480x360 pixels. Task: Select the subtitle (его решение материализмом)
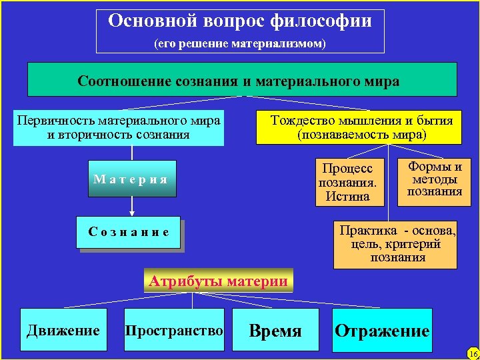coord(240,44)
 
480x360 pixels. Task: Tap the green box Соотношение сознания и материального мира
coord(241,81)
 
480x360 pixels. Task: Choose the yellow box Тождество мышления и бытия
coord(359,127)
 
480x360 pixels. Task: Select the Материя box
coord(131,179)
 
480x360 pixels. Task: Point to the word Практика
coord(367,231)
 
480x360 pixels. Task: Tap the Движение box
coord(63,330)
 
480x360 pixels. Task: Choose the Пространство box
coord(174,330)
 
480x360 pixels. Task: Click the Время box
coord(275,330)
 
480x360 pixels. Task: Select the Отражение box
coord(382,330)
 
